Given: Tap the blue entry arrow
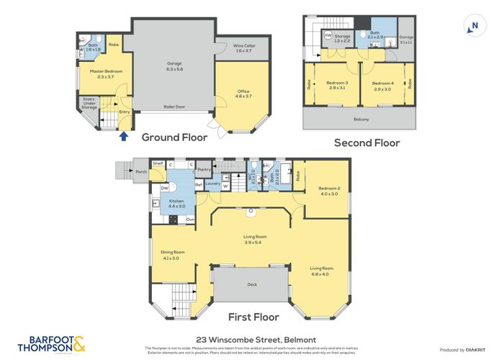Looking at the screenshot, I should click(x=124, y=135).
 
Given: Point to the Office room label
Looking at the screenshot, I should click(x=243, y=94).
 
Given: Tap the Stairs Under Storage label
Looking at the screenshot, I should click(x=89, y=103).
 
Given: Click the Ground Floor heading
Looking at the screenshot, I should click(x=174, y=137).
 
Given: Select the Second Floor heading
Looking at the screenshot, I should click(x=366, y=143).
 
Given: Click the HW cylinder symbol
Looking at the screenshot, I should click(x=328, y=35).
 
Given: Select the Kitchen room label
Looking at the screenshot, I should click(x=177, y=204).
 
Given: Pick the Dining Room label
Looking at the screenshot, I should click(x=174, y=254).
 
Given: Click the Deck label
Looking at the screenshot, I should click(x=252, y=285).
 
